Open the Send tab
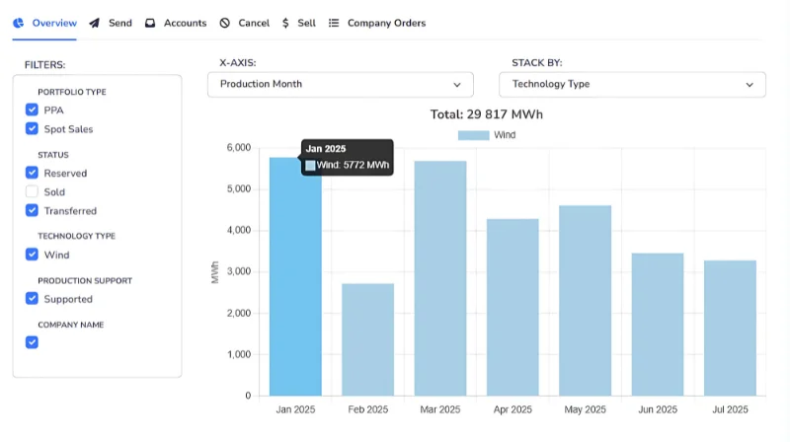click(110, 23)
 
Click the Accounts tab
click(176, 23)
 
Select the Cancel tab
click(244, 23)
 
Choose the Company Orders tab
click(377, 23)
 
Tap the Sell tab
click(298, 23)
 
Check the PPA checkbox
click(32, 110)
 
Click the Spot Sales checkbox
click(32, 129)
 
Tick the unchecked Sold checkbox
click(32, 192)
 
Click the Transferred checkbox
click(32, 211)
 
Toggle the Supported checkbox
click(32, 299)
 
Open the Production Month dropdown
click(341, 85)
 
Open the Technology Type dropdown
click(632, 85)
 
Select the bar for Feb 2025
click(367, 339)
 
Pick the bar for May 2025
click(586, 300)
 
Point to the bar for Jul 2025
click(731, 328)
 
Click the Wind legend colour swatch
click(473, 135)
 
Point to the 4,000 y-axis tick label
click(236, 231)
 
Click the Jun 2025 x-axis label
click(658, 409)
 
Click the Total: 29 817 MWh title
click(487, 114)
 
